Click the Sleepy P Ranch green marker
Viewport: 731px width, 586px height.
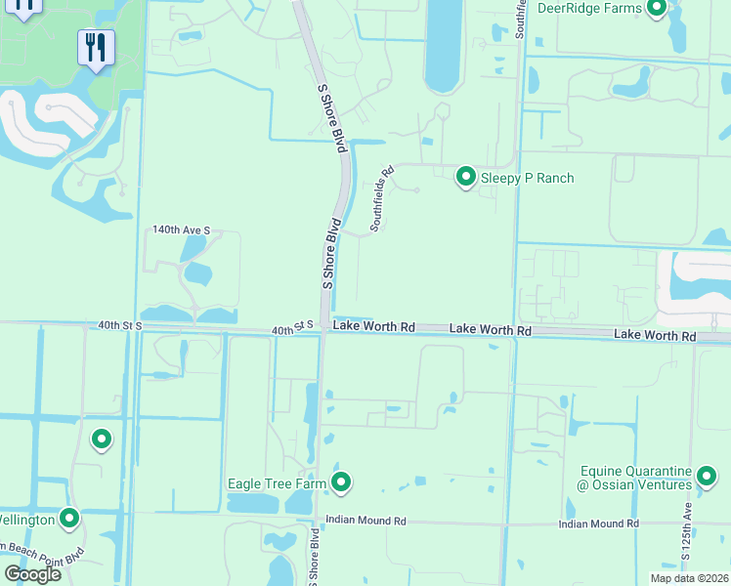point(466,177)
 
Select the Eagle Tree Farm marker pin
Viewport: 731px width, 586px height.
point(341,481)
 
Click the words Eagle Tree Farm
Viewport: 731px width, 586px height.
point(277,482)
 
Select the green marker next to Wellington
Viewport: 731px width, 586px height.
point(69,519)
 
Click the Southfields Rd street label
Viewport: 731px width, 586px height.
point(382,198)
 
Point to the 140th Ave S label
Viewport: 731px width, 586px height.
point(181,230)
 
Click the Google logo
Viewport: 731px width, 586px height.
point(31,573)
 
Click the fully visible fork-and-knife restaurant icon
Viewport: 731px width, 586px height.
point(96,48)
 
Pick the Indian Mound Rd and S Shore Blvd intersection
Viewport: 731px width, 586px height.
point(318,522)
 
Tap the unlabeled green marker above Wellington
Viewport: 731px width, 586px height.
point(102,439)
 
